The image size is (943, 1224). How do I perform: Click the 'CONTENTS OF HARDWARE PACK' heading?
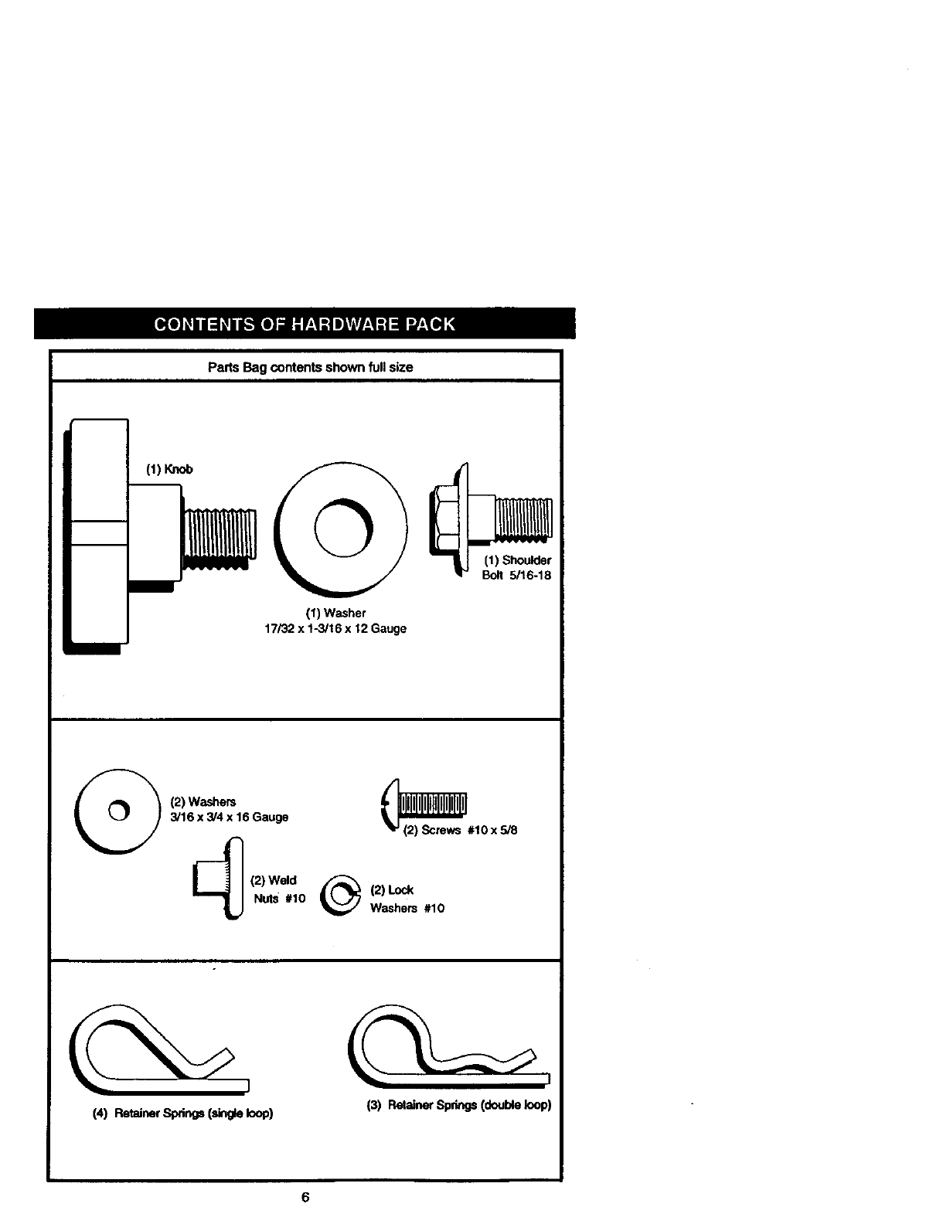tap(305, 325)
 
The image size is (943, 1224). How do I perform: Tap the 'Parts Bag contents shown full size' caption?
tap(310, 367)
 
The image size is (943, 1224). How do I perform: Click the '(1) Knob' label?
tap(169, 469)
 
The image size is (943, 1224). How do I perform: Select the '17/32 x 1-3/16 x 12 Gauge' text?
tap(335, 628)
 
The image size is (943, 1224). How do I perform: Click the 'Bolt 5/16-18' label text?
tap(516, 575)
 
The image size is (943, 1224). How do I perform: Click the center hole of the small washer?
tap(116, 811)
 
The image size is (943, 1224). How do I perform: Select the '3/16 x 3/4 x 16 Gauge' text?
tap(229, 817)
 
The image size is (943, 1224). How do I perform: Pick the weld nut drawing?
tap(221, 879)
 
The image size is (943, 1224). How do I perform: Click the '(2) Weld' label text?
tap(273, 880)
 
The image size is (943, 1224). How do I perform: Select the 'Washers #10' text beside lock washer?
tap(407, 908)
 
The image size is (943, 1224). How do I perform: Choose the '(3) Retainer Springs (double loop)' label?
tap(458, 1105)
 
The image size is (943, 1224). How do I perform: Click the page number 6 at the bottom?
tap(305, 1197)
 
